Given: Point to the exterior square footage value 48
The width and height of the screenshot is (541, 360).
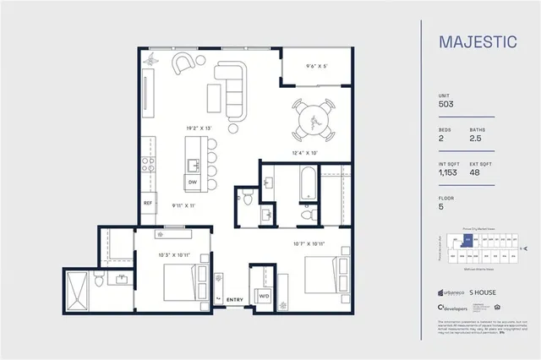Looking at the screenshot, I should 475,172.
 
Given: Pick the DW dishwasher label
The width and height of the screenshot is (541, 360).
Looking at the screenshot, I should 193,183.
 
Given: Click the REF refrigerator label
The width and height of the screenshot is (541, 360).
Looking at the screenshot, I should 148,204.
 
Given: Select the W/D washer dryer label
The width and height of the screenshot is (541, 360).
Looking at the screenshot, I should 263,296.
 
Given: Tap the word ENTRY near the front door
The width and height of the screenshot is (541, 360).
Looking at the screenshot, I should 234,299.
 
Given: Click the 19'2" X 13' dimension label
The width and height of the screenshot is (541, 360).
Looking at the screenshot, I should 199,128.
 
